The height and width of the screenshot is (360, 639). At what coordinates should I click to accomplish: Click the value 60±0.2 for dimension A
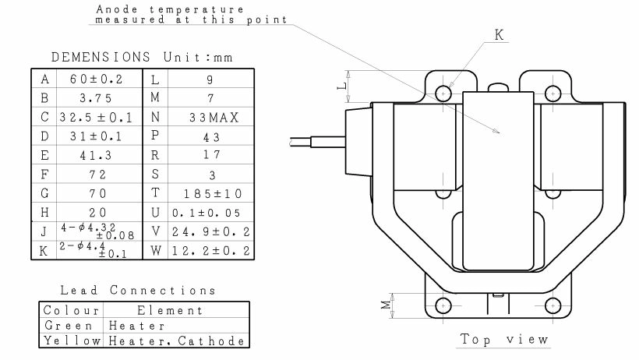point(97,79)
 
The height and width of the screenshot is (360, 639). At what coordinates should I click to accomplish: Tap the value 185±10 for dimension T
point(212,193)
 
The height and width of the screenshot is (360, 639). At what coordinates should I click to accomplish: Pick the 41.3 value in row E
point(97,155)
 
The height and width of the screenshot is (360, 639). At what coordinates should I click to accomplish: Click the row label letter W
point(155,250)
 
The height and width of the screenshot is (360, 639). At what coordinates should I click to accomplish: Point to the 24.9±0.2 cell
point(212,231)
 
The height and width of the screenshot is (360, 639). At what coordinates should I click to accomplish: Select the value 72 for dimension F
point(97,174)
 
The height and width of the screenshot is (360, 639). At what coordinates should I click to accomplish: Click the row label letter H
point(44,212)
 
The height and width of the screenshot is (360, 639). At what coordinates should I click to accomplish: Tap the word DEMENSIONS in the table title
point(101,57)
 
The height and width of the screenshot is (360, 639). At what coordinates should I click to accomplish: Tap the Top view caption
point(504,339)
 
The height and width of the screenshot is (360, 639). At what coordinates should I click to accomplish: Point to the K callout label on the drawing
point(500,34)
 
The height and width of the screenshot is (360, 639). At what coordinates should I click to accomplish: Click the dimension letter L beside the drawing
point(341,86)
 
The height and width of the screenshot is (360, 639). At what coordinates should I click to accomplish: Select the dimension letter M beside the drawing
point(384,305)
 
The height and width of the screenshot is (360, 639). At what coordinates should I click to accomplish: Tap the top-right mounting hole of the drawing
point(553,93)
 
